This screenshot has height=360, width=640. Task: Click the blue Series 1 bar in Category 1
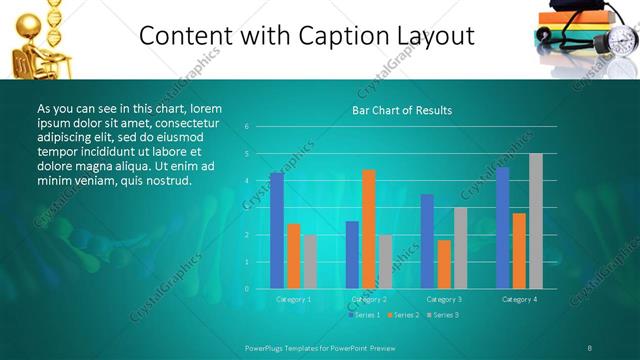point(277,231)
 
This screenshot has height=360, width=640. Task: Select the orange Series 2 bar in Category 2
point(369,229)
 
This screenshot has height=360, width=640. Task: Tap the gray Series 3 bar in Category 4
point(536,221)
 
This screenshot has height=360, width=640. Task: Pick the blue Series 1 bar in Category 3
point(427,241)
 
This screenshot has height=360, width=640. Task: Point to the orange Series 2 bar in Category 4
point(519,251)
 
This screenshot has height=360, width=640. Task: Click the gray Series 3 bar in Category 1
point(311,262)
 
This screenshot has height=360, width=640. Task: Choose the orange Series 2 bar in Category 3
point(444,264)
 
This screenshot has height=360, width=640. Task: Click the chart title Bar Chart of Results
point(402,110)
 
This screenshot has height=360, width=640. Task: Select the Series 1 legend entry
point(363,315)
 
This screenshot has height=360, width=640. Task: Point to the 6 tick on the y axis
point(247,127)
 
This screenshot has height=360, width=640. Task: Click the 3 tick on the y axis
point(247,208)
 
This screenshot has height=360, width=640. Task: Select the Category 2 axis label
point(369,299)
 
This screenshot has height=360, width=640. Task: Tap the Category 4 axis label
point(519,299)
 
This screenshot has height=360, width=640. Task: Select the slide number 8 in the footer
point(590,347)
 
